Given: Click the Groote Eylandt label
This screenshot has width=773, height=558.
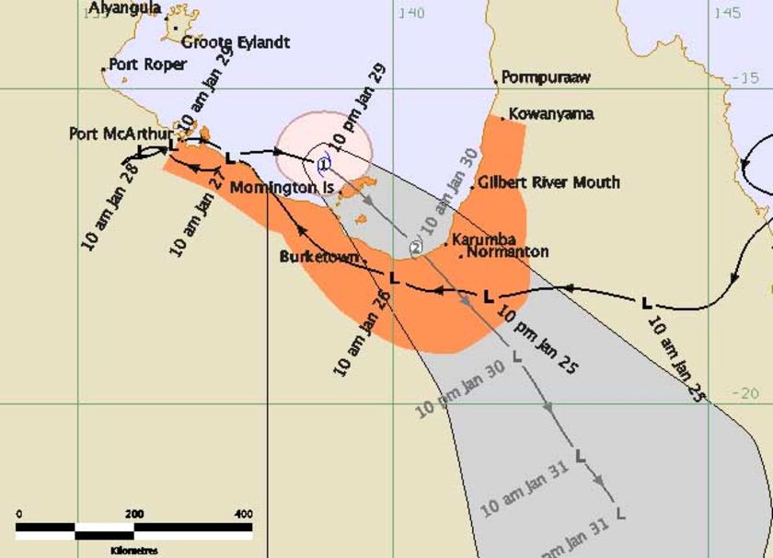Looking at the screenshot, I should [236, 42].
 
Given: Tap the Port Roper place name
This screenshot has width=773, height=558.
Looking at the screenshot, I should [147, 64].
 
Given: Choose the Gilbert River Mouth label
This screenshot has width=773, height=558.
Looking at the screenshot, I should [548, 182].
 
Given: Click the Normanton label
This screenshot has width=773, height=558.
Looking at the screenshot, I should [507, 251].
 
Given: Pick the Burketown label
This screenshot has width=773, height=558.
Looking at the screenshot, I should [318, 257].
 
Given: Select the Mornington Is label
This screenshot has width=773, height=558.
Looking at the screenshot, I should [281, 188].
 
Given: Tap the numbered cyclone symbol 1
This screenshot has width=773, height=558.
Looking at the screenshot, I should [323, 164].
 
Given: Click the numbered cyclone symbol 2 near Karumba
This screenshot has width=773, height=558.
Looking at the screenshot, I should [416, 247].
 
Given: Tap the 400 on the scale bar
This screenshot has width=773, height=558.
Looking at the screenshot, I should [243, 513].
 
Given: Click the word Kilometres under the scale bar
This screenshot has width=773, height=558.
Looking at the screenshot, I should [133, 550].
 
